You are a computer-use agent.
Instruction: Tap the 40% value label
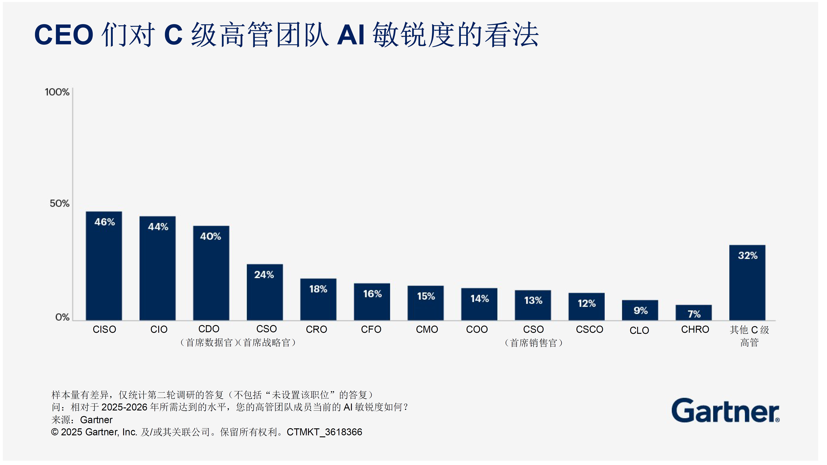point(211,237)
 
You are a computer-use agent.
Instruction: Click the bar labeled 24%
point(265,292)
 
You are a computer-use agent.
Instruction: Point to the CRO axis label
point(317,330)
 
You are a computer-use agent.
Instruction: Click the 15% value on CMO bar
point(426,296)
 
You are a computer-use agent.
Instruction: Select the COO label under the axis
point(477,330)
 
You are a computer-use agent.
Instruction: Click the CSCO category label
point(590,330)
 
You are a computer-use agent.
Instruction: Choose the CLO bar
point(640,310)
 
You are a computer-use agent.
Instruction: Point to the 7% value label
point(694,314)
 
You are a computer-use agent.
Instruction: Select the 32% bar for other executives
point(747,283)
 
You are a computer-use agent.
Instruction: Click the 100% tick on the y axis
point(57,92)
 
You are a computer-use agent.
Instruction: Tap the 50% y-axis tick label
point(59,204)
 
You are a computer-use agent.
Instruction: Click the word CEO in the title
point(64,35)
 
